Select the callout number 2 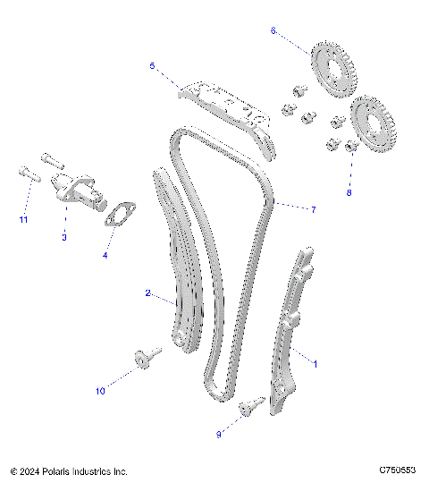(x=147, y=292)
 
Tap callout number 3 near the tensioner (x=63, y=237)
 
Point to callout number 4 (x=105, y=256)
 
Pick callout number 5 (x=152, y=65)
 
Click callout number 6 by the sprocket (x=273, y=30)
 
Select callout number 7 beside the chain (x=313, y=210)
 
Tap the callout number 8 (x=349, y=192)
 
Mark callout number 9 (x=219, y=434)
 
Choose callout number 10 (x=100, y=391)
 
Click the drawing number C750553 (x=398, y=470)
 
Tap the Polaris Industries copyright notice (x=69, y=470)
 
